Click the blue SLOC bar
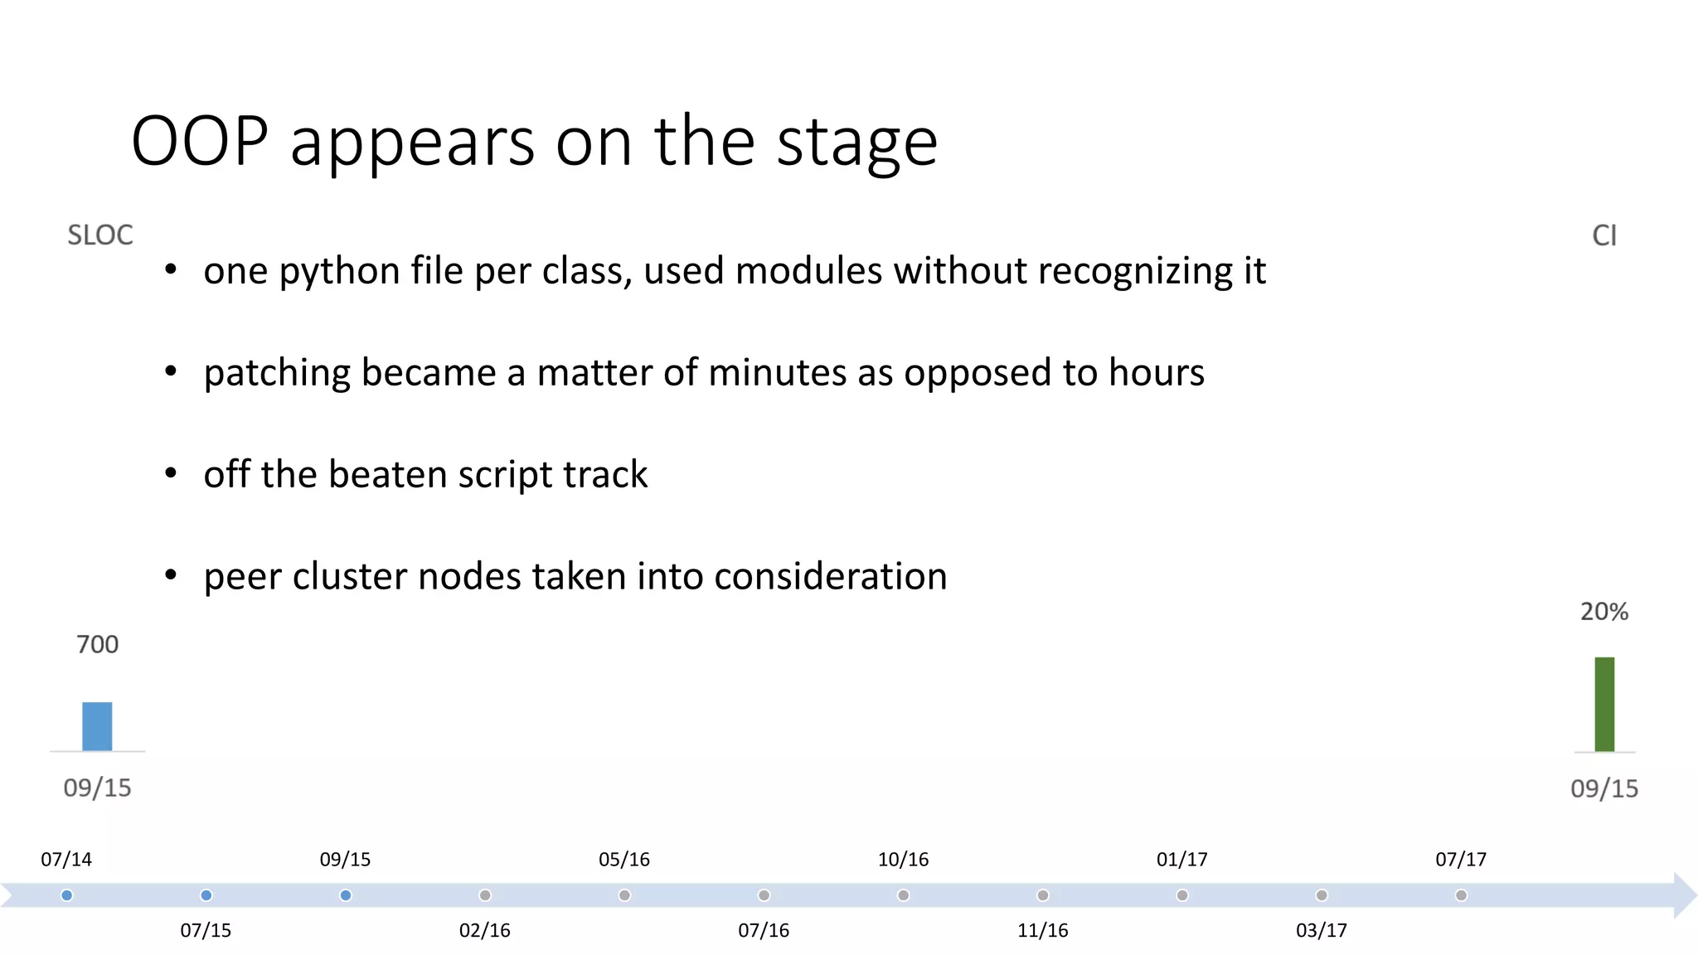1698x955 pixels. point(97,726)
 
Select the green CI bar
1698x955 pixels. point(1604,704)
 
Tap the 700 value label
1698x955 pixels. point(97,644)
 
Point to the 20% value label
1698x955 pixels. point(1603,612)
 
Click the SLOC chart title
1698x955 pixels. point(99,235)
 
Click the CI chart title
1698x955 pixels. point(1603,235)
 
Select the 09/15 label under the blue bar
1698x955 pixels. point(97,788)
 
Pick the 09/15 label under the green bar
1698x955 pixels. point(1603,788)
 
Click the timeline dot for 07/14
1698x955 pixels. point(67,895)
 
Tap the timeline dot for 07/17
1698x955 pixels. point(1461,895)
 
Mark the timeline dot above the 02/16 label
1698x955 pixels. point(485,895)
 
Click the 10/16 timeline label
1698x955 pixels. point(903,860)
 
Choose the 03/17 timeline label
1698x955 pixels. point(1321,930)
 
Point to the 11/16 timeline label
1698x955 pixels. point(1042,930)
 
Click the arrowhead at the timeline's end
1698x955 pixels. point(1685,895)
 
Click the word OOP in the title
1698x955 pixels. point(200,142)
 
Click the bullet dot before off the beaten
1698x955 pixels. point(171,473)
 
